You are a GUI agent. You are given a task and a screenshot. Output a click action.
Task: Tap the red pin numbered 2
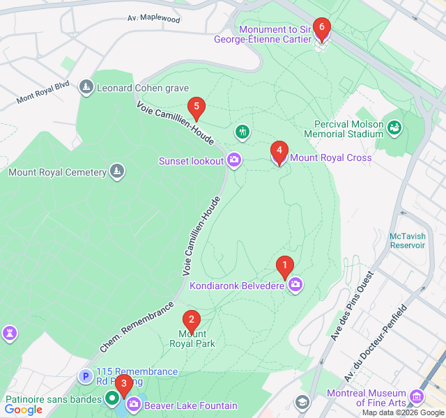(191, 320)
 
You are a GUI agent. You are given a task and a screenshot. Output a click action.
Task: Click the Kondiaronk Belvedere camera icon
(295, 284)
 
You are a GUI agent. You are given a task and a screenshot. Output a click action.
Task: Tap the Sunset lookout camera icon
(234, 161)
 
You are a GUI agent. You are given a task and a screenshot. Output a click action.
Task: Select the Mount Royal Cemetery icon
(116, 171)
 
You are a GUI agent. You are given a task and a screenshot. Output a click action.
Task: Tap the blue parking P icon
(86, 377)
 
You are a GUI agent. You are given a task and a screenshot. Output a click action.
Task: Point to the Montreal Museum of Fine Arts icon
(417, 397)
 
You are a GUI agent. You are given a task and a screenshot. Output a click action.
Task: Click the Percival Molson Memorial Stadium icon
(395, 127)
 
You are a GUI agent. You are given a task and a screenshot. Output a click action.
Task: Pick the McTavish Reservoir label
(408, 240)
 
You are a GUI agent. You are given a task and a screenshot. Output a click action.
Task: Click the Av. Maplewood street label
(153, 20)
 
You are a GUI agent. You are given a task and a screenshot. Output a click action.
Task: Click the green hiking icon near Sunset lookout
(242, 132)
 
